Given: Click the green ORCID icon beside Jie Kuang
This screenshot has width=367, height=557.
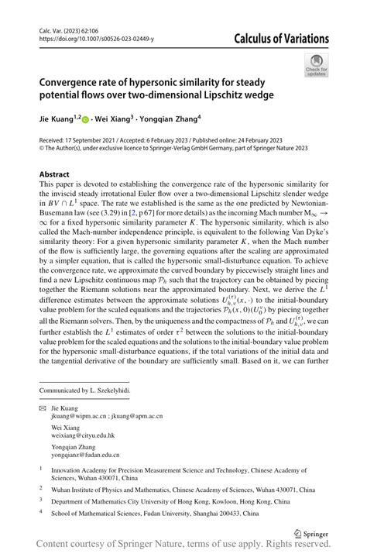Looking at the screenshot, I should pyautogui.click(x=86, y=120).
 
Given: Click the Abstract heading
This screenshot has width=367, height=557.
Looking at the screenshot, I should pyautogui.click(x=55, y=174).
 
